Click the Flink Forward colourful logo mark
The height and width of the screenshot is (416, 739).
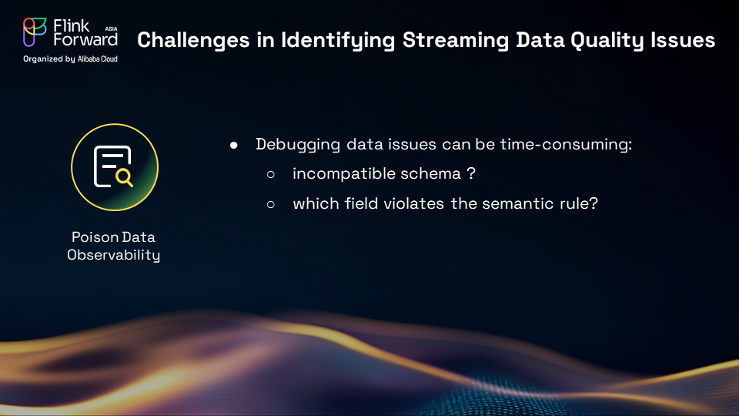point(35,32)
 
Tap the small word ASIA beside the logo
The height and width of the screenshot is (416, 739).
point(111,29)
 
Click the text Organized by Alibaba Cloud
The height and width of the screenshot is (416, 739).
point(70,59)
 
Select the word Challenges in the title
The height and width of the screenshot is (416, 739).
point(193,41)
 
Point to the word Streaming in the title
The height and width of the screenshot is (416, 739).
point(456,41)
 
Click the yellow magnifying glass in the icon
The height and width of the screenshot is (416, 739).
point(125,178)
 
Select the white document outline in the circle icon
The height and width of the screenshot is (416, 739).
point(110,166)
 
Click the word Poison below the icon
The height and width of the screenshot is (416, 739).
point(89,237)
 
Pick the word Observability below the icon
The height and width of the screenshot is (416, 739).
point(114,255)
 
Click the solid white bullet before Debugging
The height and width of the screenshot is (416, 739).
point(234,146)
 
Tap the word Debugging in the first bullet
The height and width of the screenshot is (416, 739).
point(298,144)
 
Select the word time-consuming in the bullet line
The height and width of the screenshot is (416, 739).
point(566,144)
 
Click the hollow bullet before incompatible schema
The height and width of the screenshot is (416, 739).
point(270,175)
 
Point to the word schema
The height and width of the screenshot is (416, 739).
point(430,173)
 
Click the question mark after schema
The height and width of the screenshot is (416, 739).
point(471,173)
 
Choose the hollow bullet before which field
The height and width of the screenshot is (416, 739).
point(270,204)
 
